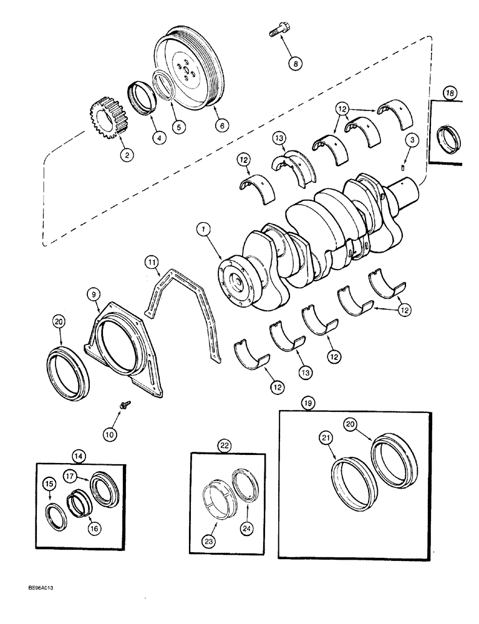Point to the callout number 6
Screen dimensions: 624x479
[x=220, y=125]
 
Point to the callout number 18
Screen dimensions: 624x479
[x=450, y=93]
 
